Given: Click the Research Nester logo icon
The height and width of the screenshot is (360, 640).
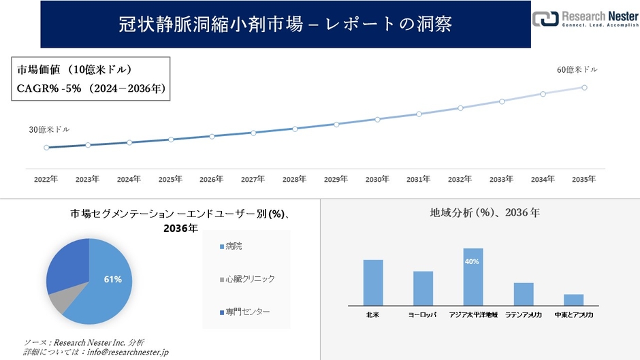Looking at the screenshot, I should [545, 19].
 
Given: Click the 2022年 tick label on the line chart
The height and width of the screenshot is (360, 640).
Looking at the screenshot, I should [46, 179].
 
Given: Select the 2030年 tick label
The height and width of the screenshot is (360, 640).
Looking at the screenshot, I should [377, 179].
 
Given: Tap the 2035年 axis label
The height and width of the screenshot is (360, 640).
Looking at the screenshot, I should [584, 179].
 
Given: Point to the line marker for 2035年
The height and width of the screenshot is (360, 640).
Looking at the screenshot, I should [584, 87].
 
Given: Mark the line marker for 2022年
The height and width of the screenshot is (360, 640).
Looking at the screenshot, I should [46, 147].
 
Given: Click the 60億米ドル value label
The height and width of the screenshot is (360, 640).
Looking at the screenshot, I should [577, 69].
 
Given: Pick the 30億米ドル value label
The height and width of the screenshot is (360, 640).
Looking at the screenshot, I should [48, 129].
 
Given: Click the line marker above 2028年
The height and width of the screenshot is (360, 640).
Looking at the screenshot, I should [295, 129].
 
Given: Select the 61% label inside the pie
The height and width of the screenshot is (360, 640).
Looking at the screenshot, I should [113, 279].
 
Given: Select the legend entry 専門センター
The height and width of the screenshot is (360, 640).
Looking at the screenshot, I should [245, 311].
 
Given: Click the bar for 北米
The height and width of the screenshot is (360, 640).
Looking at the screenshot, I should [373, 282].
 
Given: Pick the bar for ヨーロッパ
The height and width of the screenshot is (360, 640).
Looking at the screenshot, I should [423, 288].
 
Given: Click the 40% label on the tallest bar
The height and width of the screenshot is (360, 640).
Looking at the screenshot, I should [473, 261].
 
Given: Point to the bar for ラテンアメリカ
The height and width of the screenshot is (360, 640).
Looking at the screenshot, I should [524, 293].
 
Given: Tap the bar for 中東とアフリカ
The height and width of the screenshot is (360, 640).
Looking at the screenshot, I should [574, 299].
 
